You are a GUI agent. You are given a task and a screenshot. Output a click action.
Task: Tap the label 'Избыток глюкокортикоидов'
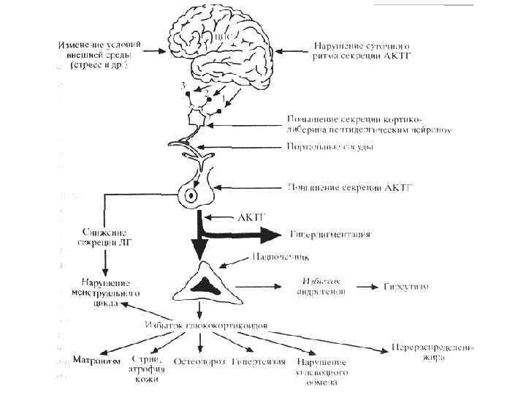(202, 324)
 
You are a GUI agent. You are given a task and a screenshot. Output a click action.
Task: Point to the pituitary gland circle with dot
(191, 195)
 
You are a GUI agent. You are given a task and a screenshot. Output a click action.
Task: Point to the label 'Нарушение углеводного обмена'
(322, 372)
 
